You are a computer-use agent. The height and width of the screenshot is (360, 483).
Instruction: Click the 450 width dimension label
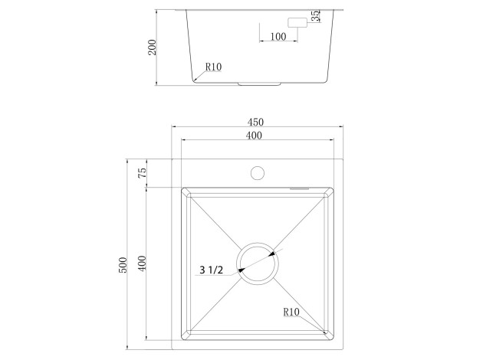click(x=255, y=122)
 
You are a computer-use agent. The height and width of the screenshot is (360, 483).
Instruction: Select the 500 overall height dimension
click(x=123, y=265)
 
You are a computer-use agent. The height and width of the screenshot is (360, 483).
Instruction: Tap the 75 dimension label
click(x=142, y=173)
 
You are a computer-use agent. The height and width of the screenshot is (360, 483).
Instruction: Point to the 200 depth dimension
click(x=152, y=47)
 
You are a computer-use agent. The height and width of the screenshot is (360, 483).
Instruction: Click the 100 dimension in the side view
click(x=278, y=37)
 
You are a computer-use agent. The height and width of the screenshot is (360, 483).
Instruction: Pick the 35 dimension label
click(x=315, y=16)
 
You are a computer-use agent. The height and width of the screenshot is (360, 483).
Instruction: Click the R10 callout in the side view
click(x=213, y=67)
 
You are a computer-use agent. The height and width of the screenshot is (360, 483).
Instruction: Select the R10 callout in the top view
click(x=291, y=312)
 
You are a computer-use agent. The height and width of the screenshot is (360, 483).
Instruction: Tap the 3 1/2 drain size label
click(x=211, y=270)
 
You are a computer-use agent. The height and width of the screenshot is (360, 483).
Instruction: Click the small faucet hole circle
click(x=258, y=173)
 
